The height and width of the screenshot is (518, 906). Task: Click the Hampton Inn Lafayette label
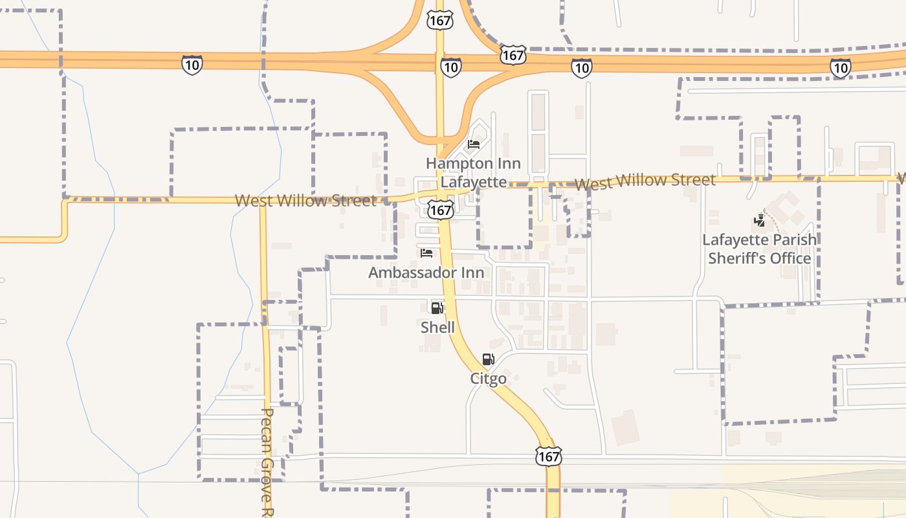click(473, 172)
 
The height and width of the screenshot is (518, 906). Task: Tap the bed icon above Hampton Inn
click(474, 144)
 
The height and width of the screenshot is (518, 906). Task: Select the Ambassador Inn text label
click(426, 273)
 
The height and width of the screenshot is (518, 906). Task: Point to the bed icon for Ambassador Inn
click(426, 253)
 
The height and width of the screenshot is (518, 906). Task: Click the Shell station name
click(437, 328)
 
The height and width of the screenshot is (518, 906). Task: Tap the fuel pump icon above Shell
click(437, 308)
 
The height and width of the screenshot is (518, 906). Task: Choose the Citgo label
click(488, 379)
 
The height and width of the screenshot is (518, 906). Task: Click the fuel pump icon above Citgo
click(488, 359)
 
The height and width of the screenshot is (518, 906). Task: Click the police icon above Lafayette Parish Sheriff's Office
click(759, 221)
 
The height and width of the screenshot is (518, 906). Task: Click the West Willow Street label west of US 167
click(305, 201)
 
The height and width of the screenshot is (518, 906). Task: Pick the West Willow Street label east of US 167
click(645, 181)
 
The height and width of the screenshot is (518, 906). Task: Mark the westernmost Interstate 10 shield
click(192, 65)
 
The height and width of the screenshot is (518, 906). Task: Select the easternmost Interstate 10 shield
click(840, 67)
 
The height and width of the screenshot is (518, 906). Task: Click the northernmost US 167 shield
click(439, 19)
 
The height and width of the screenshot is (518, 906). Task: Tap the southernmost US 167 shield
click(548, 456)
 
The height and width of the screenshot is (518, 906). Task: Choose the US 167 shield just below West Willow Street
click(441, 209)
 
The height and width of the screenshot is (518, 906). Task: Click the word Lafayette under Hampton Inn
click(473, 182)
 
